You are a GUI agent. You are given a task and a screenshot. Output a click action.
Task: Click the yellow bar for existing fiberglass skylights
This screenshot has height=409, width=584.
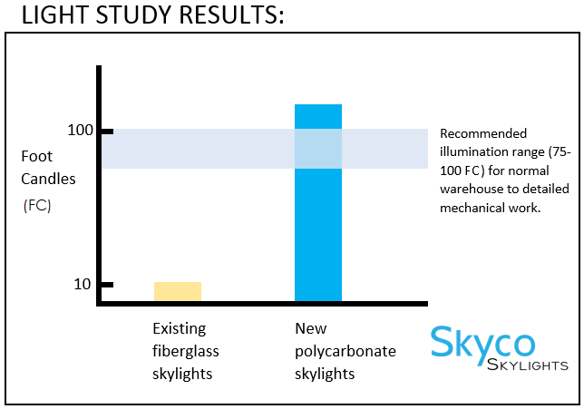coord(178,291)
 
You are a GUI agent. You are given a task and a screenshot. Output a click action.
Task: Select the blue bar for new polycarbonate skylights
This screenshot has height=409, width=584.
coord(318,202)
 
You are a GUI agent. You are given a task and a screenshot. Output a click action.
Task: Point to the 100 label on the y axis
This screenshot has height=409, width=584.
coord(81,131)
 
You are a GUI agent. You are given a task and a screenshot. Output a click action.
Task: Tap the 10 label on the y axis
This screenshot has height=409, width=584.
coord(81,284)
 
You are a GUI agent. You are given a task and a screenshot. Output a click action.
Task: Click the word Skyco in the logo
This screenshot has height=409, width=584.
coord(482,343)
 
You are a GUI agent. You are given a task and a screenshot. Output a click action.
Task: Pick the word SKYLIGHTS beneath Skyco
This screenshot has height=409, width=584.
coord(528,365)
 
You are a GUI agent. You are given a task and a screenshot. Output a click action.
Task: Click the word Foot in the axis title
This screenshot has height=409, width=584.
coord(36,157)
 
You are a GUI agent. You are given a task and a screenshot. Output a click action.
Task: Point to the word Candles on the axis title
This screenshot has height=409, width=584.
coord(48,179)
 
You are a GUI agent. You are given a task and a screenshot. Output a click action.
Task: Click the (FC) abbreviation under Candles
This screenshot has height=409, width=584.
coord(37,205)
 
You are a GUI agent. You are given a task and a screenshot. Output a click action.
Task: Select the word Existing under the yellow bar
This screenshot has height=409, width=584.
coord(180,327)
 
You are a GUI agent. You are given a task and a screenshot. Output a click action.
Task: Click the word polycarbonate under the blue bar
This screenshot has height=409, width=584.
coord(345,351)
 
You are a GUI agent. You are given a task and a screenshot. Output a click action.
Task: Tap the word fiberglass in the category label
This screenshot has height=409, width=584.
coord(186,351)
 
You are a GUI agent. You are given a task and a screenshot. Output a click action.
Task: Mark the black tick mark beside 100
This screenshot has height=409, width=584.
coord(105,131)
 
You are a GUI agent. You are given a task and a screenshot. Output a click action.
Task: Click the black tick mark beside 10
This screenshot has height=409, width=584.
coord(105,285)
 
